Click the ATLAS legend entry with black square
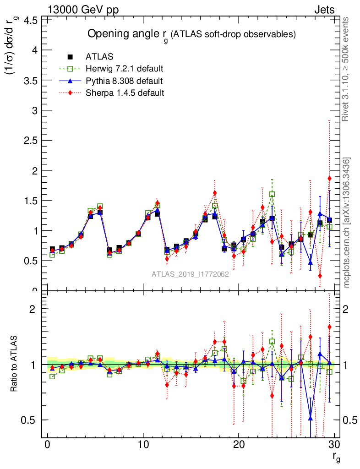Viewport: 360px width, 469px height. tap(99, 57)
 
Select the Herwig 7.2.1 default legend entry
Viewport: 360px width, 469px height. tap(124, 69)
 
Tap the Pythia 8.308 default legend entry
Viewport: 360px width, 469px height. tap(124, 81)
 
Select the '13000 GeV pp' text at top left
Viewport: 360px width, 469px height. tap(83, 10)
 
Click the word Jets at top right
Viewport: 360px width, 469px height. tap(324, 10)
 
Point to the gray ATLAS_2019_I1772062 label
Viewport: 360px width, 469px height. tap(190, 275)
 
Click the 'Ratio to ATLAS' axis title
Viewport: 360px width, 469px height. tap(15, 364)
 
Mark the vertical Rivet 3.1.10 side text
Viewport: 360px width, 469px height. tap(347, 69)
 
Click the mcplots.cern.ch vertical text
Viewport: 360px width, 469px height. tap(347, 222)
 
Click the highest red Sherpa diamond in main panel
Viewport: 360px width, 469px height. tap(329, 178)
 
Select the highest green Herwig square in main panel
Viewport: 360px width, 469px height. tap(272, 194)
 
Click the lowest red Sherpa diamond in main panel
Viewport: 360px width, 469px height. tap(320, 276)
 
